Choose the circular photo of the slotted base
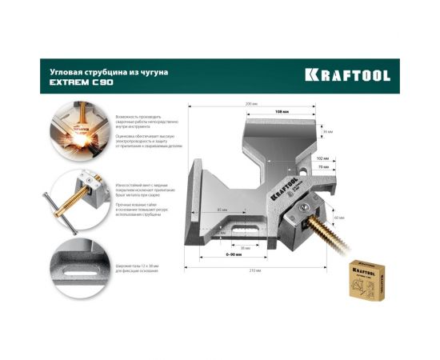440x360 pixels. pos(78,265)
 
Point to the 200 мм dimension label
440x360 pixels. pos(252,104)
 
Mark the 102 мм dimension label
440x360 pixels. pos(322,158)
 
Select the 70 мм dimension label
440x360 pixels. pos(322,167)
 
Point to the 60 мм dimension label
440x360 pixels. pos(339,218)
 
